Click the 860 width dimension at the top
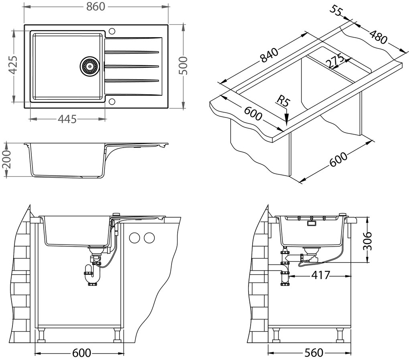point(95,7)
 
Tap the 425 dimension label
point(13,65)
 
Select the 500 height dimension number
point(183,65)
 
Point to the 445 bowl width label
point(67,119)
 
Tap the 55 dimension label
point(336,11)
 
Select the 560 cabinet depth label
point(313,353)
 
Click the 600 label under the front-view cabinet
point(81,353)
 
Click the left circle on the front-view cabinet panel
point(134,238)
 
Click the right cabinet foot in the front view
point(117,334)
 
